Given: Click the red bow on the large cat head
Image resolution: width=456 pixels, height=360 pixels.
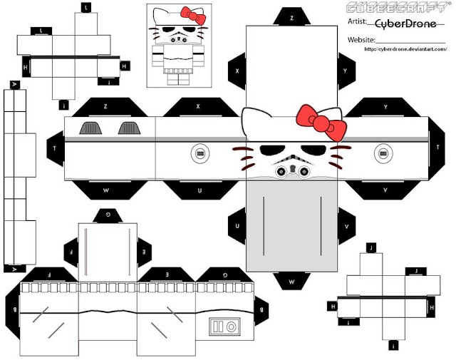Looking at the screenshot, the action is (x=325, y=123).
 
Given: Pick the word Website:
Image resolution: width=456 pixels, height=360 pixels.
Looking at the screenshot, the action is (x=361, y=41).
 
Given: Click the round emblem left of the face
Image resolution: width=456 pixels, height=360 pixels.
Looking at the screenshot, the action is (x=199, y=153).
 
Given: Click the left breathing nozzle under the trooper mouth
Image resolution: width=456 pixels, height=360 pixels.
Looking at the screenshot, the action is (x=281, y=169).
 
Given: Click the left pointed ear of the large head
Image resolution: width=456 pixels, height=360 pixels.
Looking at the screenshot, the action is (x=252, y=117).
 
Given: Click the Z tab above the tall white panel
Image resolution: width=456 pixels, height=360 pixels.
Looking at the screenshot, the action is (x=291, y=15).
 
